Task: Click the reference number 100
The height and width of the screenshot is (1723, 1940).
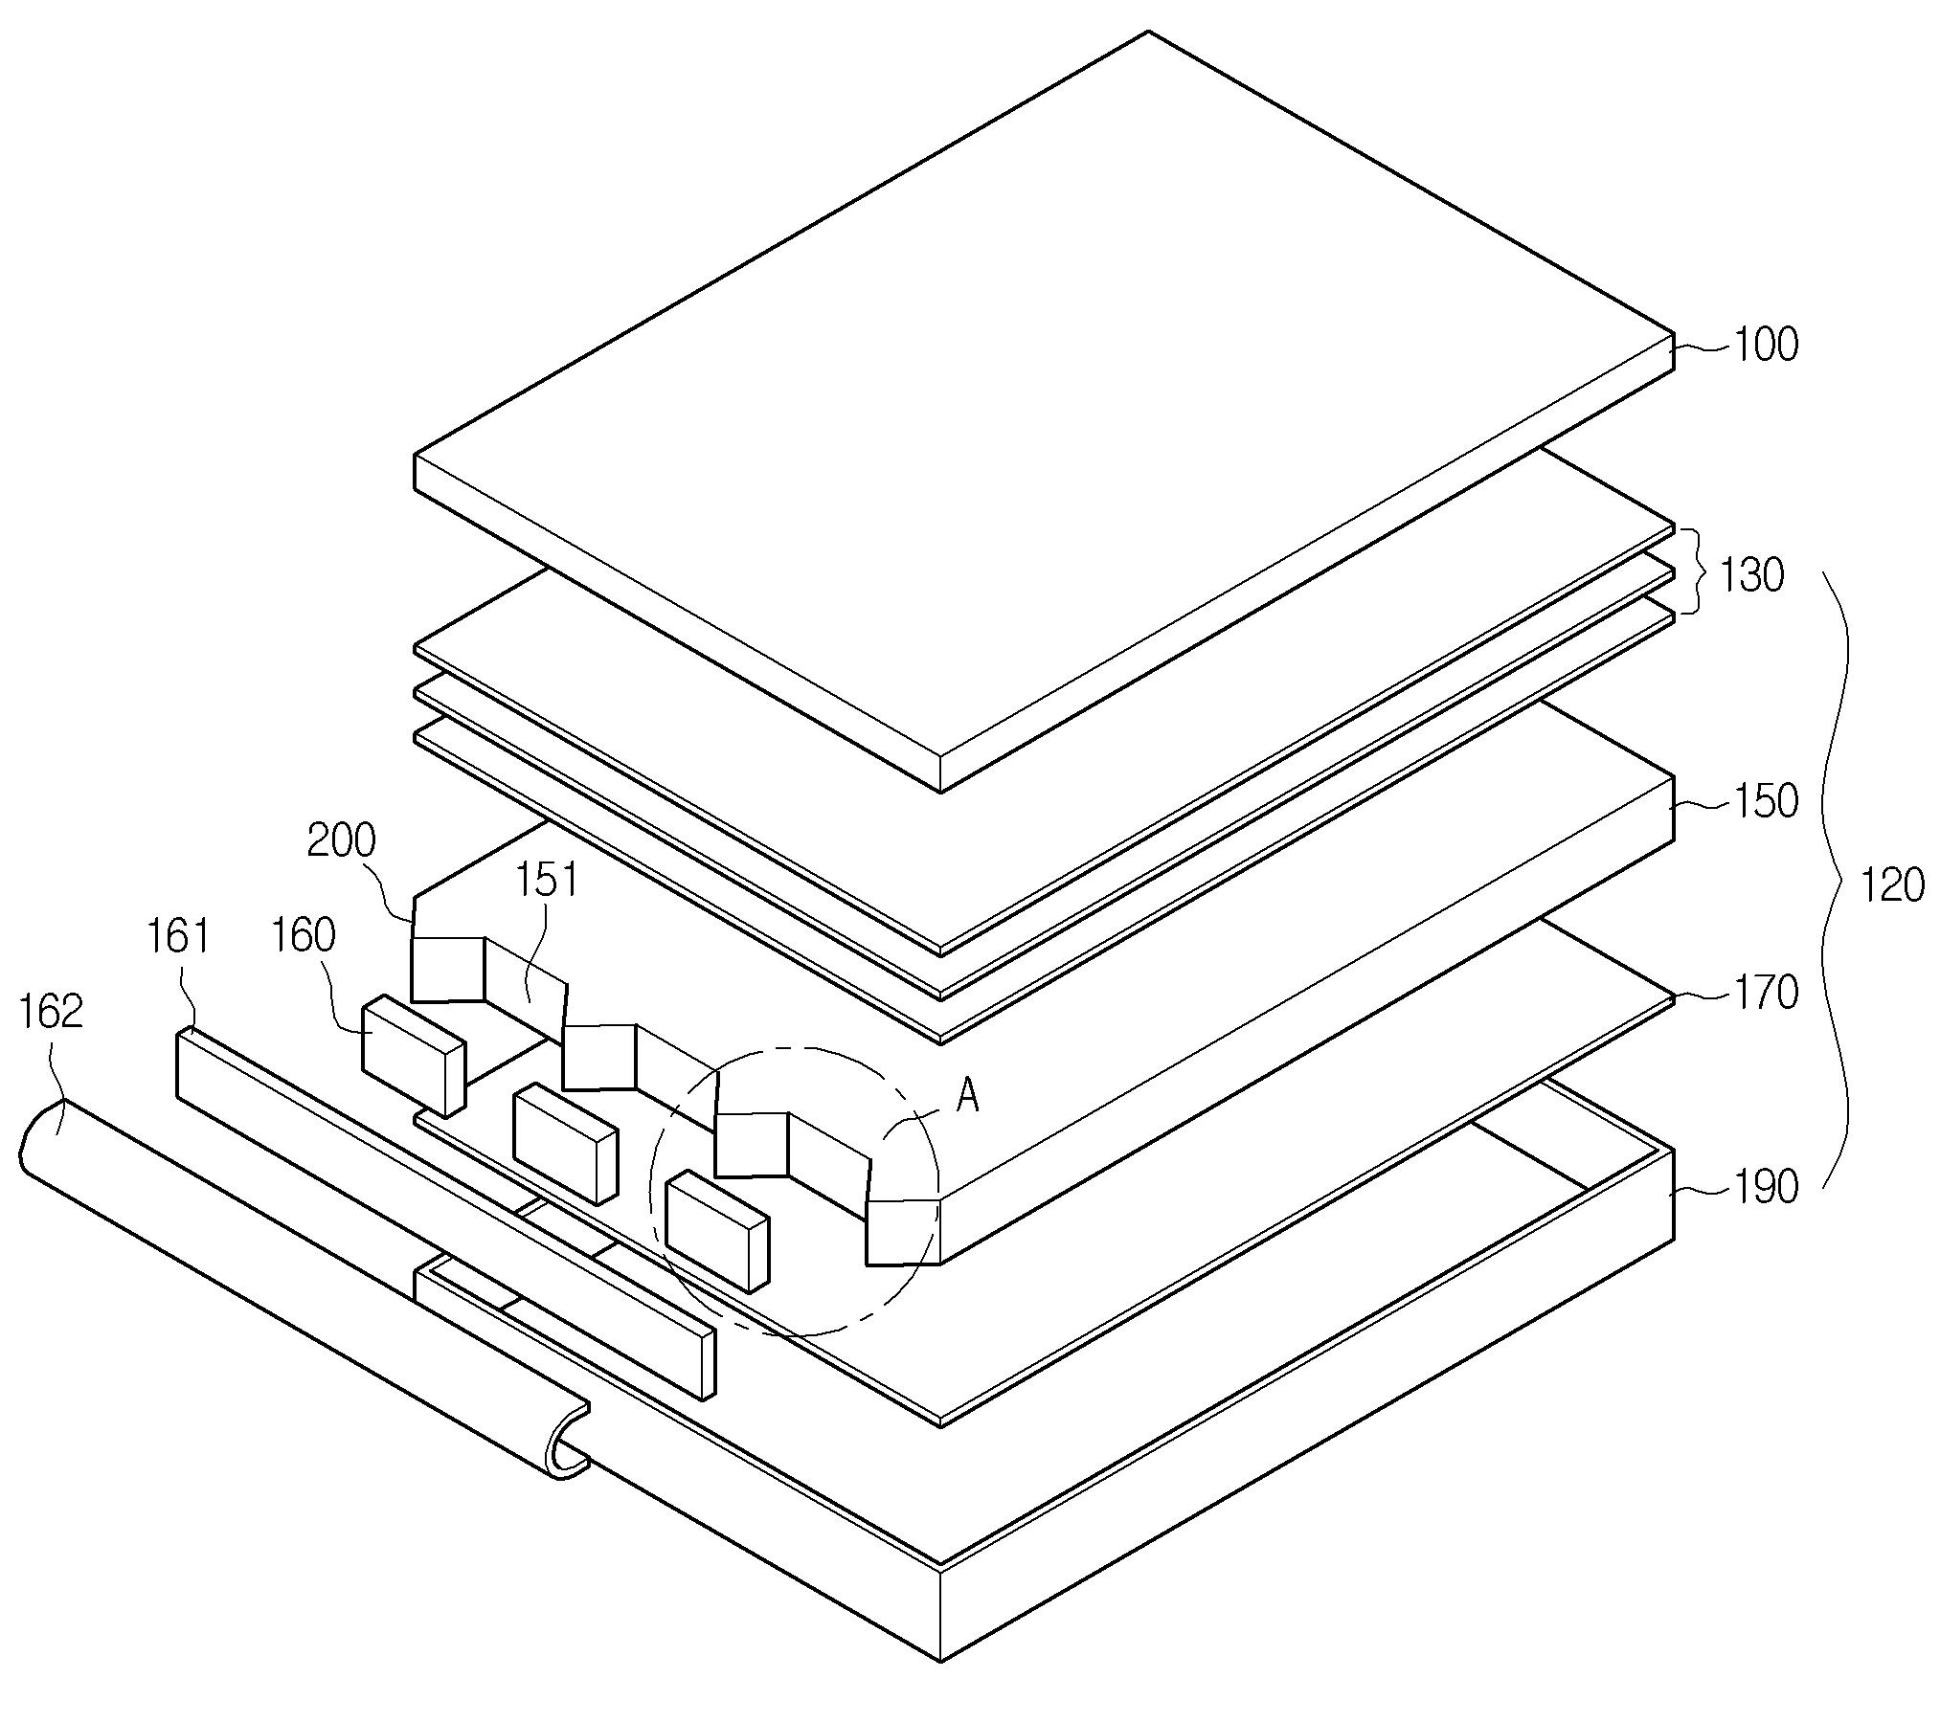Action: tap(1766, 345)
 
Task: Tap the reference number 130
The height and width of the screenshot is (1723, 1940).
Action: tap(1751, 575)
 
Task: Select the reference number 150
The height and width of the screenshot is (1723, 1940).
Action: tap(1766, 801)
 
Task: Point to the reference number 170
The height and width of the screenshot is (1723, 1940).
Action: tap(1766, 994)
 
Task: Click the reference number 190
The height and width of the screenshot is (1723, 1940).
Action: tap(1766, 1187)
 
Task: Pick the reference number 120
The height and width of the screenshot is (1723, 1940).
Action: tap(1890, 885)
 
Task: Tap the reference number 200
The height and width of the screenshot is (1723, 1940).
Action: tap(341, 840)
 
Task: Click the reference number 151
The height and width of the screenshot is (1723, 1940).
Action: tap(547, 879)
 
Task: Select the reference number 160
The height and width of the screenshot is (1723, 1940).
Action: tap(304, 935)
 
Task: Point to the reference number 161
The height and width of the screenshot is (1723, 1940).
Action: tap(177, 935)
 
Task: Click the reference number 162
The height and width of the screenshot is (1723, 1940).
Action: tap(52, 1012)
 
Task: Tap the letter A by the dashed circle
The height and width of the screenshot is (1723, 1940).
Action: tap(968, 1095)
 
